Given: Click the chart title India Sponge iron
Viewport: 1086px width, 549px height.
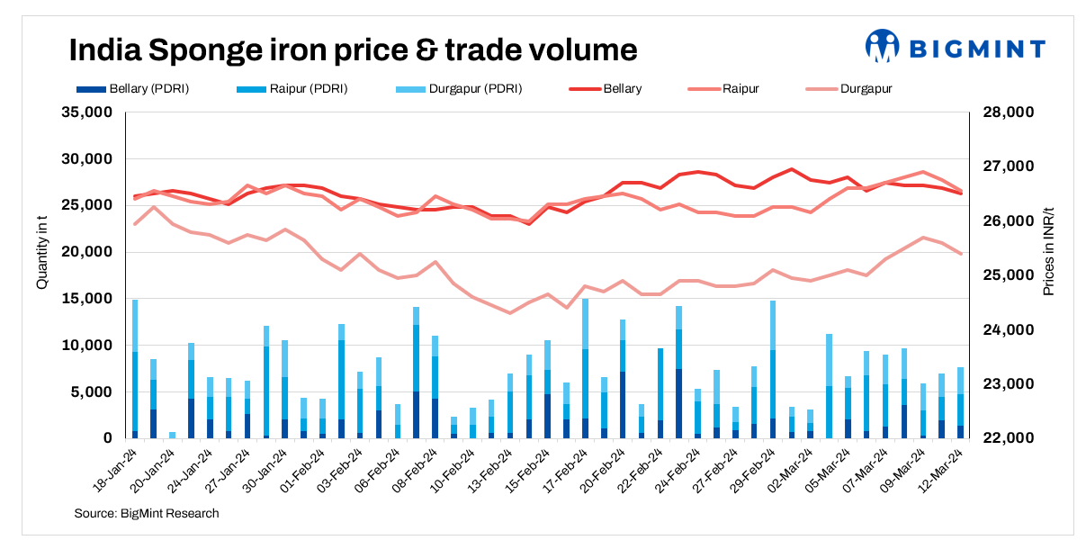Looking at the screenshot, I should click(x=353, y=49).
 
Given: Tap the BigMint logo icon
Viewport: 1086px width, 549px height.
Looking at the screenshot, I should click(x=883, y=47).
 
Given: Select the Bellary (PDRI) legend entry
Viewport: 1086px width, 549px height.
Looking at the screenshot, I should click(x=133, y=89).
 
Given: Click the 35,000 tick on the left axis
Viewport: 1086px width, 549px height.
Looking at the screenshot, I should click(x=86, y=112).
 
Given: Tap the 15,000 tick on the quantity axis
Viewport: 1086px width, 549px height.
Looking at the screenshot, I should click(x=86, y=299).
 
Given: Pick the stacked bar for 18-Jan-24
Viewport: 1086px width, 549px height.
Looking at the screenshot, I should click(x=135, y=369).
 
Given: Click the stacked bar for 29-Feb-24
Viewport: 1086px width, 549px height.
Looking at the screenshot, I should click(x=773, y=369).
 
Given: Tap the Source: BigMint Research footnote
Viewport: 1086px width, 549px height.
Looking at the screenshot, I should click(x=147, y=514).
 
